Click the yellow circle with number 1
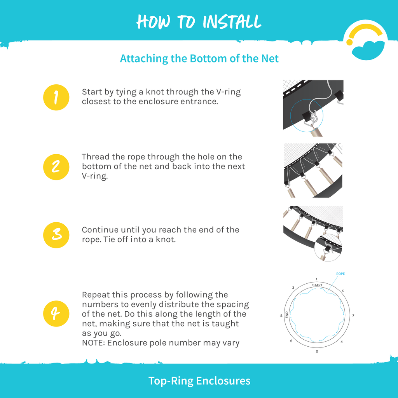tap(56, 98)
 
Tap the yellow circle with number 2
tap(56, 167)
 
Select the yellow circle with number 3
tap(56, 235)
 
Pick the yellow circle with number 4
tap(56, 314)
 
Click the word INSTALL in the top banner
tap(232, 22)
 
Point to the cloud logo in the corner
tap(365, 40)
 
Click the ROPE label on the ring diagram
tap(340, 274)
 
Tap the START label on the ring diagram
tap(317, 285)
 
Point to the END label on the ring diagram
tap(287, 315)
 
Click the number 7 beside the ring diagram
tap(353, 316)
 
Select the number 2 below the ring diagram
tap(317, 351)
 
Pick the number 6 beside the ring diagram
tap(291, 340)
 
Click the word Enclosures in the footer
tap(223, 381)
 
